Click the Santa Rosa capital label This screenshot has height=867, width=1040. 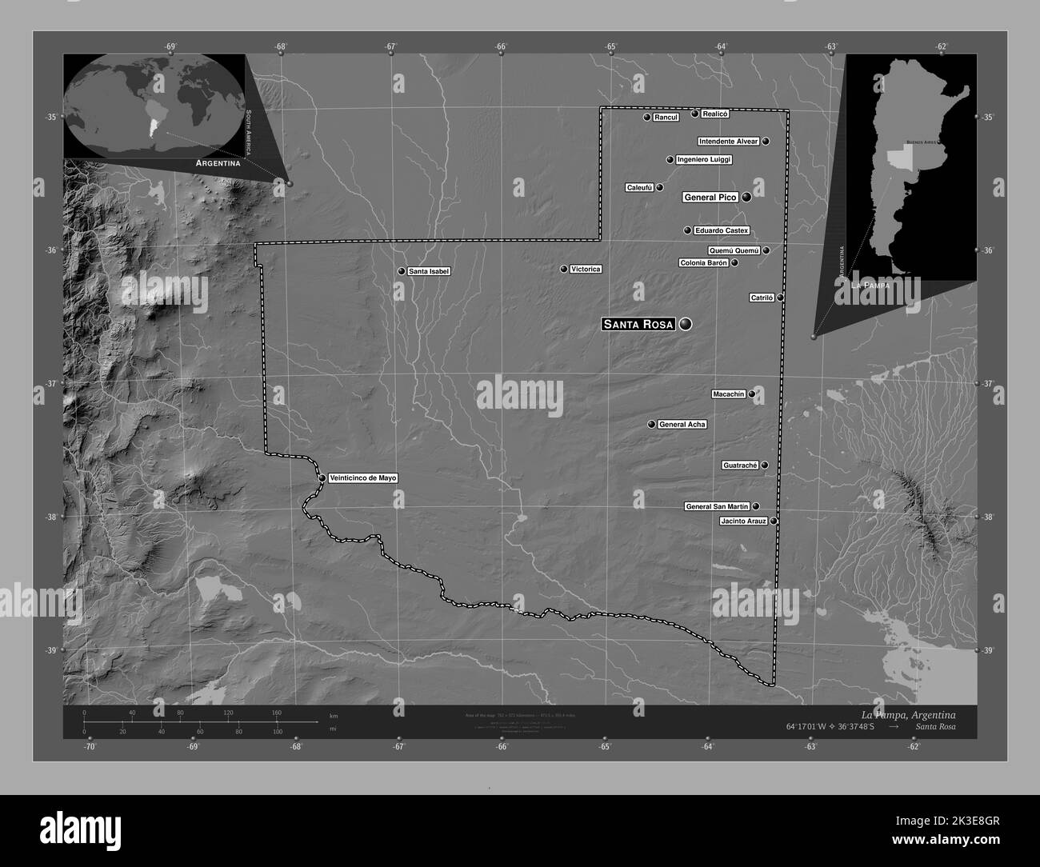pyautogui.click(x=638, y=324)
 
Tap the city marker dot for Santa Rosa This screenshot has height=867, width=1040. pyautogui.click(x=685, y=324)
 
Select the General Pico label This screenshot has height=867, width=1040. pyautogui.click(x=710, y=197)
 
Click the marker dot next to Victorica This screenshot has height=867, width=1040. pyautogui.click(x=563, y=269)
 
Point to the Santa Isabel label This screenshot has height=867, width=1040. pyautogui.click(x=429, y=271)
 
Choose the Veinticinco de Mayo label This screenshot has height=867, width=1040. pyautogui.click(x=362, y=478)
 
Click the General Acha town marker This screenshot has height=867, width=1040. pyautogui.click(x=651, y=425)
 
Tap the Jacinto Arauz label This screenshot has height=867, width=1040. pyautogui.click(x=744, y=521)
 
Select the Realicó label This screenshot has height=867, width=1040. pyautogui.click(x=715, y=114)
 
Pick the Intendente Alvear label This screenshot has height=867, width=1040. pyautogui.click(x=728, y=142)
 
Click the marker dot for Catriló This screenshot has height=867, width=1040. pyautogui.click(x=780, y=298)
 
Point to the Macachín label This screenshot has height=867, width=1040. pyautogui.click(x=729, y=394)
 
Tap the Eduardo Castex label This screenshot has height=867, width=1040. pyautogui.click(x=722, y=230)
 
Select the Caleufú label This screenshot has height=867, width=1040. pyautogui.click(x=640, y=188)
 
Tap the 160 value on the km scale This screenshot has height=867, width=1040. pyautogui.click(x=277, y=712)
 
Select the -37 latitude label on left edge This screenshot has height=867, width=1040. pyautogui.click(x=50, y=383)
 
